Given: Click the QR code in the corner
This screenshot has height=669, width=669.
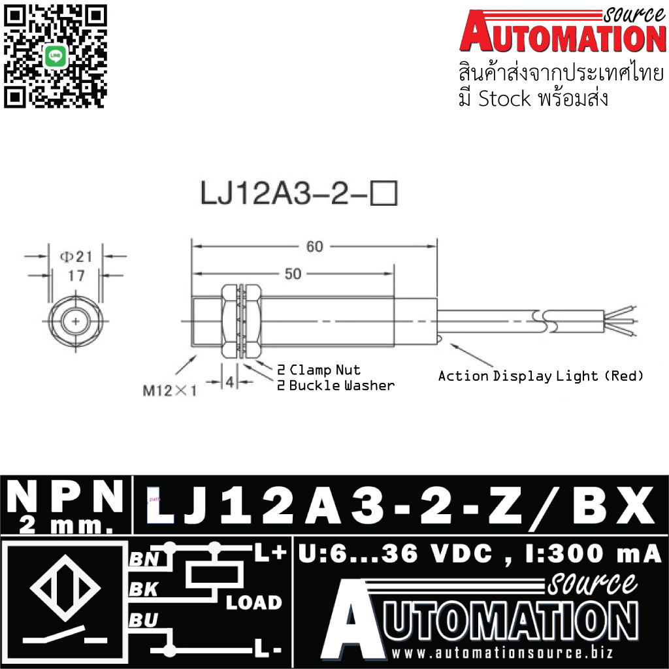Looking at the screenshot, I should tap(55, 55).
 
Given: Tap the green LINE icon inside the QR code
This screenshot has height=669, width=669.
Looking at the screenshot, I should tap(56, 57).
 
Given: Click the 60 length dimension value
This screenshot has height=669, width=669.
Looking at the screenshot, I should tap(315, 246).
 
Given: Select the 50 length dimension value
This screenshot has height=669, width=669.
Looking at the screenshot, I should tap(293, 273).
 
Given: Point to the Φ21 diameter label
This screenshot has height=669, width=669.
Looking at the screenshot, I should tap(76, 257).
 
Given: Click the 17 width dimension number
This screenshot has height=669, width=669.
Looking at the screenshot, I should tap(76, 276).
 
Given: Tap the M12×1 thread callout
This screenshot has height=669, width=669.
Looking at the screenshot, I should tap(170, 391).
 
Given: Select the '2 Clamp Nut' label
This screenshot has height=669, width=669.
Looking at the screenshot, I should tap(319, 370).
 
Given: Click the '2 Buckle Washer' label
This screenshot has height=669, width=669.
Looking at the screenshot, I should tap(336, 385).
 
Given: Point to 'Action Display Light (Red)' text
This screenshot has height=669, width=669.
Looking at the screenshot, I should tap(541, 376).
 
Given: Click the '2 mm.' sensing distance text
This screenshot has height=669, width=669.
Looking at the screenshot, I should tap(65, 524).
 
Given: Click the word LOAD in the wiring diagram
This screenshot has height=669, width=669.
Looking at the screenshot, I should tap(254, 602).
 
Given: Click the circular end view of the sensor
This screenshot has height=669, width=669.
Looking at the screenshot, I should tap(77, 321).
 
